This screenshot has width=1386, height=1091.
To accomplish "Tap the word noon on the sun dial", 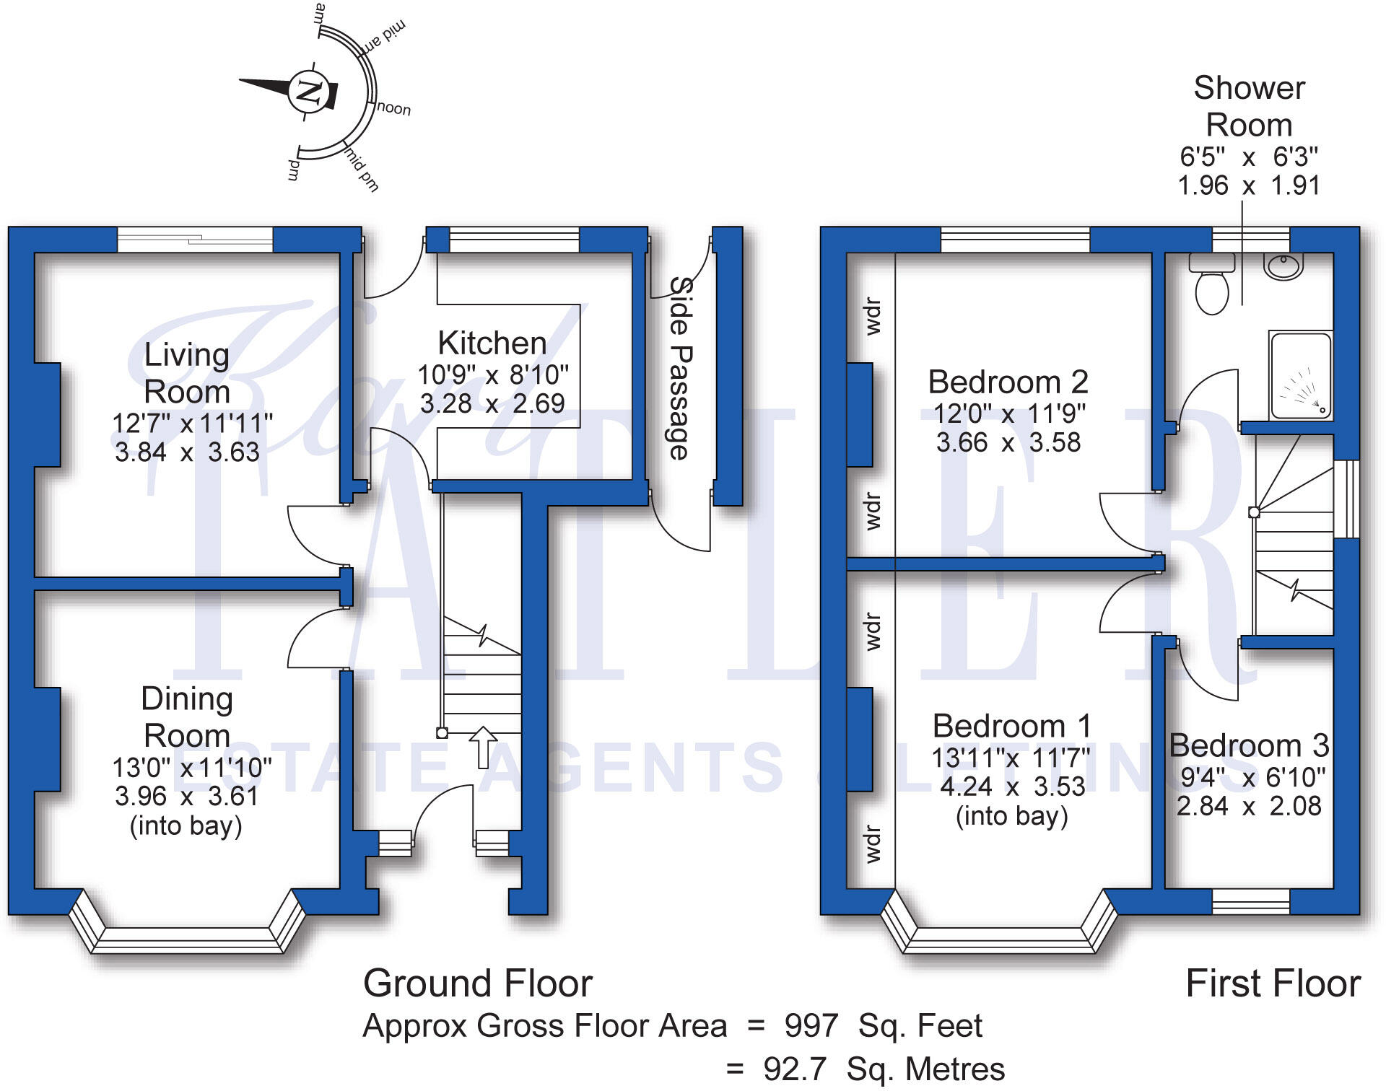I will [394, 108].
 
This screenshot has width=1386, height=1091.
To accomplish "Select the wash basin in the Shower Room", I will [1283, 266].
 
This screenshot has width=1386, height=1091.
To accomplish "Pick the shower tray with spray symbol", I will [1300, 376].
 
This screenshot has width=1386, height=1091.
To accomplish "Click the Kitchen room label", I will [492, 343].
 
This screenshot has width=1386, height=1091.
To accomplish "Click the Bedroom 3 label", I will [1249, 745].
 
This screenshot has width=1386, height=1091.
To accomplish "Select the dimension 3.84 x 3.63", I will [187, 452].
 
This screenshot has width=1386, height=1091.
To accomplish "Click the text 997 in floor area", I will [811, 1025].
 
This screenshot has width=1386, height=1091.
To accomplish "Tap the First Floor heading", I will [1273, 983].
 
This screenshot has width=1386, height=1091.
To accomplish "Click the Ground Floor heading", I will [477, 983].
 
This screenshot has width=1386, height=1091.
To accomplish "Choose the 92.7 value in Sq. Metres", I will [794, 1069].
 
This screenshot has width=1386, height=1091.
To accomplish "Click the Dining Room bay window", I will [188, 938].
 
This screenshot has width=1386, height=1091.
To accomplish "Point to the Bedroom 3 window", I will [1250, 901].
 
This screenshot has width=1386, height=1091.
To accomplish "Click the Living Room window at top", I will [195, 240].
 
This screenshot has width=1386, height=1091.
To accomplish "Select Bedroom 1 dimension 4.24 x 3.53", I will [1012, 787].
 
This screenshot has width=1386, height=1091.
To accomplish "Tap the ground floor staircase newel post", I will [442, 733].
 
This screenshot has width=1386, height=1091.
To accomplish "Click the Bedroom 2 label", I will [1008, 382].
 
